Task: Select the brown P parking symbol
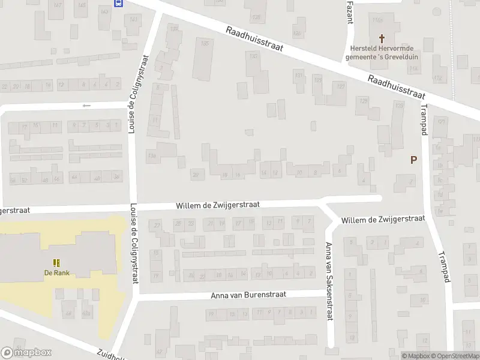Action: click(413, 160)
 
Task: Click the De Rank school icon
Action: click(56, 263)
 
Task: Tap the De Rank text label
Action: click(56, 272)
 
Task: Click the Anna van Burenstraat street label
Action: click(248, 295)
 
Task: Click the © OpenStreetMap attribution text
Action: click(454, 356)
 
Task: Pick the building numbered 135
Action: click(205, 44)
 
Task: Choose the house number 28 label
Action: click(195, 175)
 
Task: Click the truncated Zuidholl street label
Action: click(111, 354)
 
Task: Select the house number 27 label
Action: click(158, 225)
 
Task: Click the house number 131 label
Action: click(298, 75)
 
